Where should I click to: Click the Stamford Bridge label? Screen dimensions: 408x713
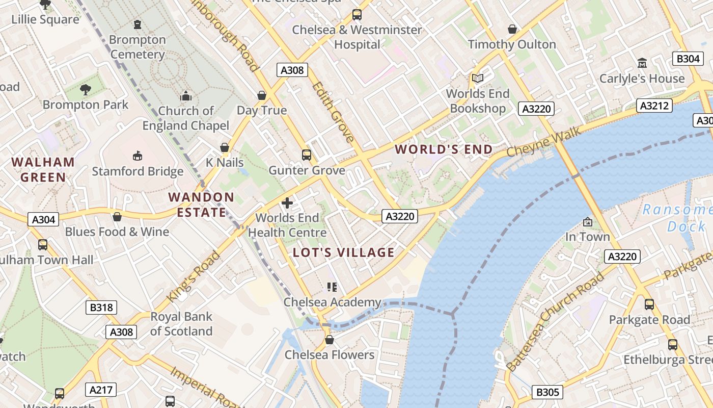pos(138,171)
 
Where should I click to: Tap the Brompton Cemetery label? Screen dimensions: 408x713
pos(138,47)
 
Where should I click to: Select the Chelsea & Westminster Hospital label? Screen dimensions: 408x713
pos(357,37)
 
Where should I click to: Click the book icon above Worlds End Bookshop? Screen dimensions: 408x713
pos(477,78)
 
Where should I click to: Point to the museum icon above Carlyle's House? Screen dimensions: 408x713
pos(642,63)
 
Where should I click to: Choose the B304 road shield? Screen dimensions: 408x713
pos(688,59)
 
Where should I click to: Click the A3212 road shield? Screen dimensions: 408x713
pos(654,106)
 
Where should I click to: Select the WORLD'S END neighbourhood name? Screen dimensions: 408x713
pos(444,149)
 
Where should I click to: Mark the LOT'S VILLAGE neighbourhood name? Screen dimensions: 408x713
pos(344,252)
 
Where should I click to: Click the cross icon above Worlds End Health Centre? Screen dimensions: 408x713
pos(287,203)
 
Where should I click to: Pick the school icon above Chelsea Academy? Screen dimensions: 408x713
pos(332,287)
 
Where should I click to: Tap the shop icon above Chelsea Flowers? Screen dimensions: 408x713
pos(330,340)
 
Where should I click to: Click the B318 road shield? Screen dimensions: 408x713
pos(101,308)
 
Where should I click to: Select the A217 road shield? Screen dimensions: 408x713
pos(100,390)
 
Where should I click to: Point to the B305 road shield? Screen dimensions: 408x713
pos(548,392)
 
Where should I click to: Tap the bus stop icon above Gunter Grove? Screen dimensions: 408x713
pos(307,155)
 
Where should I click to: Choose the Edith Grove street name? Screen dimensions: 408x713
pos(334,112)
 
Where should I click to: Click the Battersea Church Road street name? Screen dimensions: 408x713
pos(555,321)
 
